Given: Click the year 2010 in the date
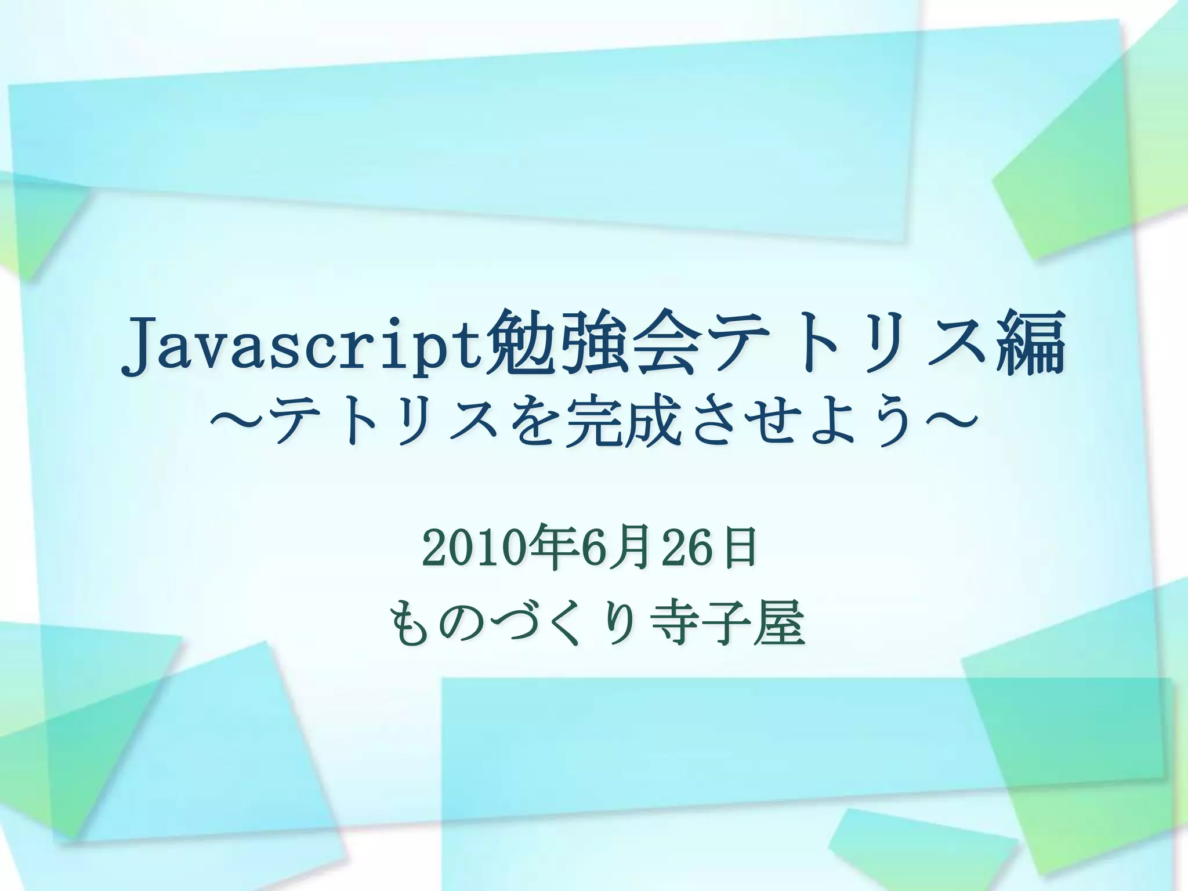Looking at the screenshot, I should click(476, 548).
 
